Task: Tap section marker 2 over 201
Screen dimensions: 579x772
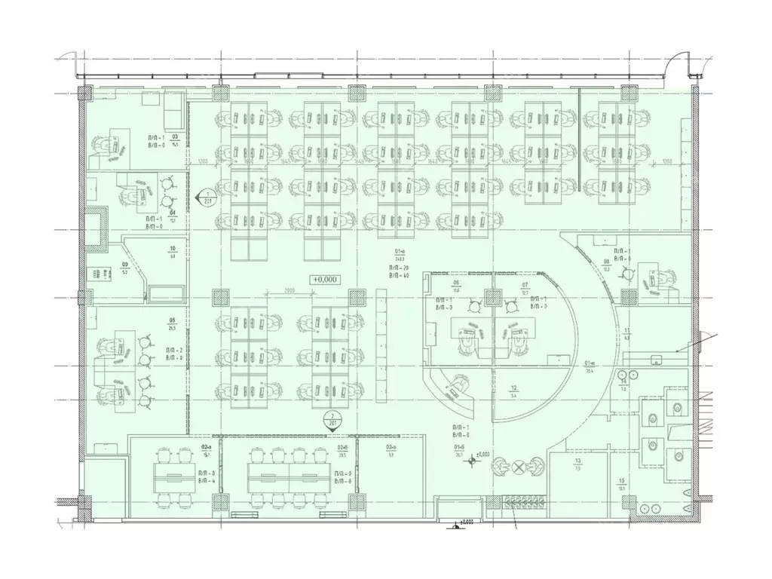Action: pos(332,419)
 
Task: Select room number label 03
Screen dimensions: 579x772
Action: pos(174,138)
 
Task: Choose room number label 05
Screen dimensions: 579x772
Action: pos(173,320)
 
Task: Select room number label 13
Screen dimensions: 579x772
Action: pos(577,461)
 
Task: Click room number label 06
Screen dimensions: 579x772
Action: pos(456,284)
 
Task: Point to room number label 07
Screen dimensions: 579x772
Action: pos(525,284)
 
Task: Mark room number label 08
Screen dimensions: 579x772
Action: pos(605,262)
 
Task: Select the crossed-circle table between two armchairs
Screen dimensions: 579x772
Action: pos(519,467)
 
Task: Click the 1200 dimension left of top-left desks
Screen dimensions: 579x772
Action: pos(203,161)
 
